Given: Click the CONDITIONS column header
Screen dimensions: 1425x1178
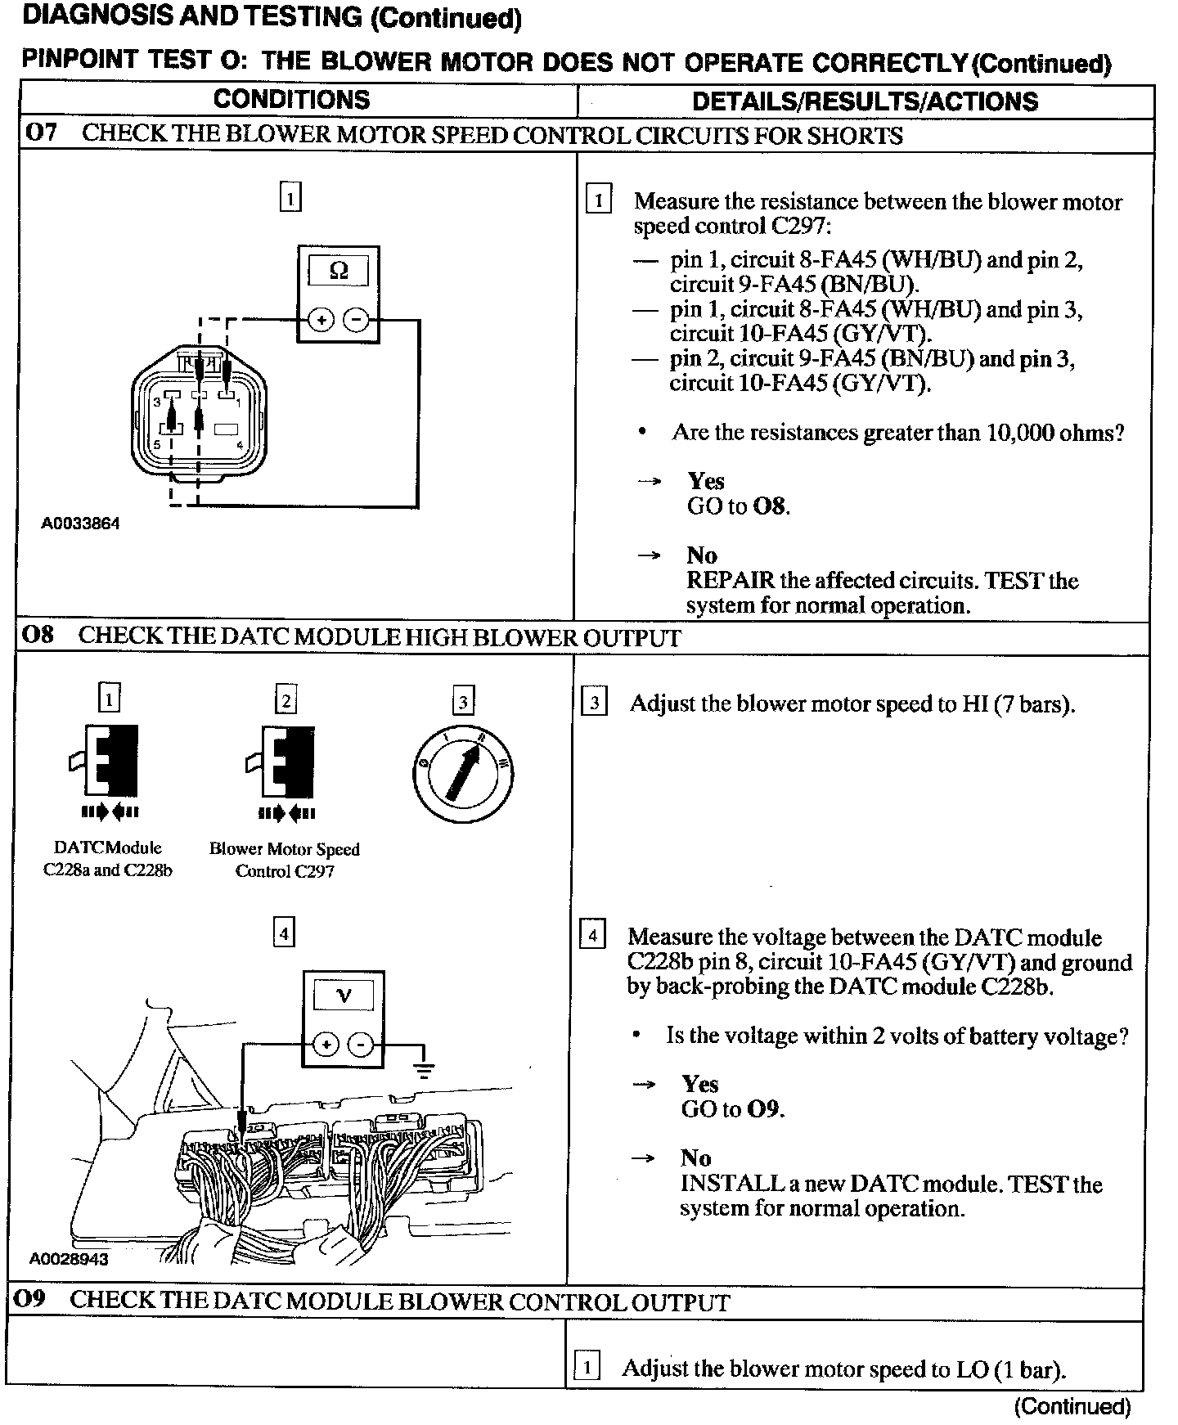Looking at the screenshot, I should click(x=291, y=100).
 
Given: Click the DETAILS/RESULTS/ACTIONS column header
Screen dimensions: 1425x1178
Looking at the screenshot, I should click(x=865, y=101).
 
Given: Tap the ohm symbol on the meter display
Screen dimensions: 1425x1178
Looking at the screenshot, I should click(x=338, y=271).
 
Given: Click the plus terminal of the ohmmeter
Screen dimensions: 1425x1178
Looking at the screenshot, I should click(x=321, y=320).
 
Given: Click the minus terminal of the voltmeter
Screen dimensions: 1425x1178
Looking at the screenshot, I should click(x=361, y=1045).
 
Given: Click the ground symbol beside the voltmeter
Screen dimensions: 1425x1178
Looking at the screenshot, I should click(x=424, y=1068).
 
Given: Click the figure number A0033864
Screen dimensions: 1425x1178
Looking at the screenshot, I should click(x=80, y=524).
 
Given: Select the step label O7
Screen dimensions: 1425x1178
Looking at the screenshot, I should click(x=41, y=133).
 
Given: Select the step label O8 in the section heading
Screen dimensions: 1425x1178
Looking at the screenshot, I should click(x=38, y=636).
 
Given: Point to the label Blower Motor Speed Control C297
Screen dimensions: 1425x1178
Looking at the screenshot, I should click(x=284, y=860).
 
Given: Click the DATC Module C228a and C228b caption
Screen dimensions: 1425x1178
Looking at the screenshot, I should click(x=108, y=859).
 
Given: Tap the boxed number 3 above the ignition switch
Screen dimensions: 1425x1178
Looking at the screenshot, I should click(x=463, y=702).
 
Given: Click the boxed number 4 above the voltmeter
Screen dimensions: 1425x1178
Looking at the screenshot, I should click(x=283, y=933).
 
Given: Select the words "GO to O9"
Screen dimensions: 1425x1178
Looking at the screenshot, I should click(x=732, y=1109).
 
